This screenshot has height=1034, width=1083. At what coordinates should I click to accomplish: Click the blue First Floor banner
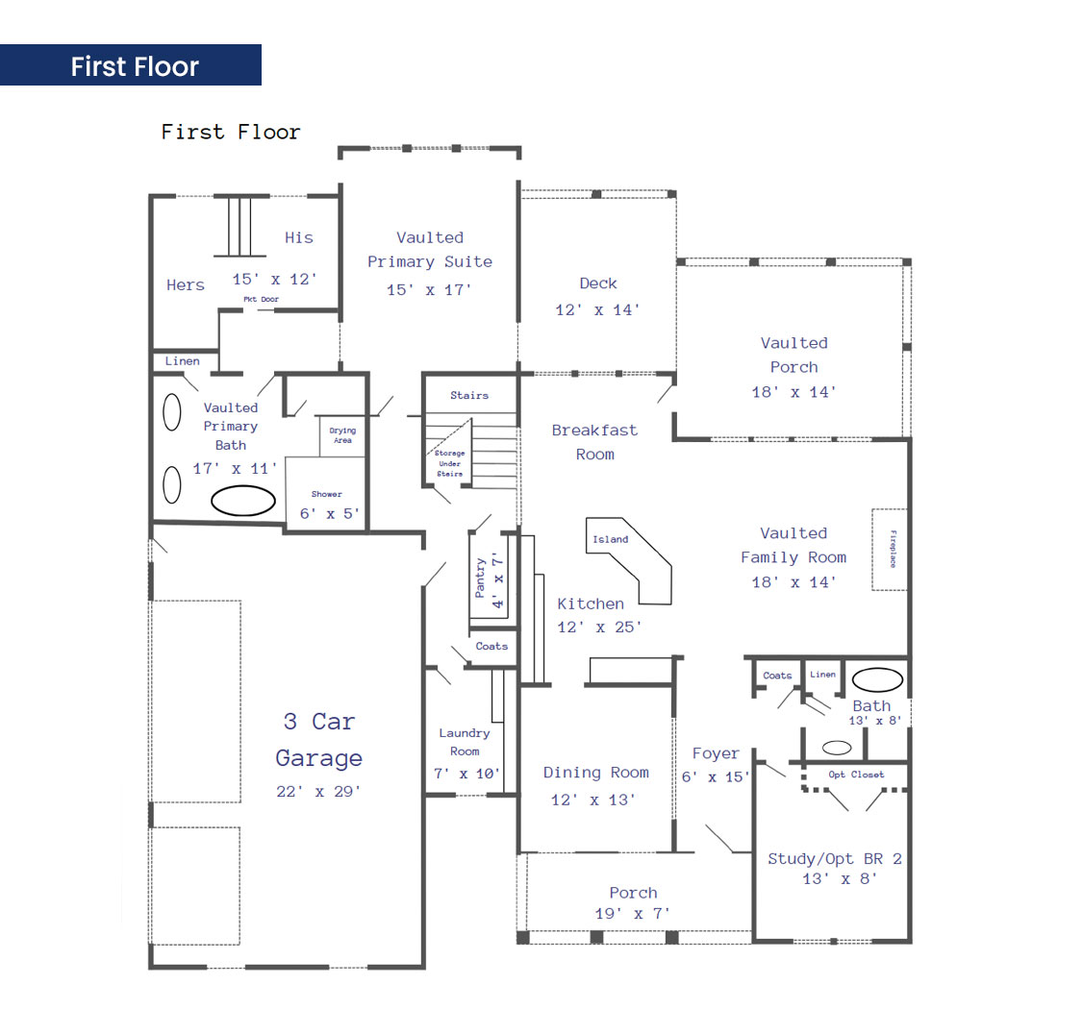click(x=131, y=65)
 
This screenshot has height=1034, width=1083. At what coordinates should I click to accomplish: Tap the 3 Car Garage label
click(x=319, y=739)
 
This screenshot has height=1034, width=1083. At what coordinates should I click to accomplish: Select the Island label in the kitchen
click(x=611, y=539)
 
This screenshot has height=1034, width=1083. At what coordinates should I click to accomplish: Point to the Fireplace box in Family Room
click(x=890, y=550)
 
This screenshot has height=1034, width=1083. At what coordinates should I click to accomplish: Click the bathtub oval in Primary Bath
click(x=243, y=501)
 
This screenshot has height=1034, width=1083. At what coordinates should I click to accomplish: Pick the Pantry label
click(x=480, y=578)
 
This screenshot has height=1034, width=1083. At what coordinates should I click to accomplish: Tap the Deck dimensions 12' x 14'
click(x=597, y=310)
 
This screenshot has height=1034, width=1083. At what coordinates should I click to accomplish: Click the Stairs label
click(x=469, y=395)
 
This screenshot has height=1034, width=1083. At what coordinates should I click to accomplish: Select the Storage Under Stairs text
click(x=449, y=463)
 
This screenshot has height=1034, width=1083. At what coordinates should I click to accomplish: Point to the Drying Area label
click(x=342, y=435)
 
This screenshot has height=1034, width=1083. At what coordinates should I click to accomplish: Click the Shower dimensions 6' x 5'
click(x=330, y=513)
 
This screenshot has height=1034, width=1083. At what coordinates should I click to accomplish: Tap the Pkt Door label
click(x=261, y=299)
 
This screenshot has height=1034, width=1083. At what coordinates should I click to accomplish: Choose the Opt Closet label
click(x=856, y=775)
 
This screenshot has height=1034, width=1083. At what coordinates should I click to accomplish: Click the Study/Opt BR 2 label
click(x=834, y=859)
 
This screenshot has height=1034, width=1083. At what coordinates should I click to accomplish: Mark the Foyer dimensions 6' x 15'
click(x=715, y=776)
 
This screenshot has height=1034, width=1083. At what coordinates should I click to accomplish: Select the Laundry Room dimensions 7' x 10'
click(x=466, y=774)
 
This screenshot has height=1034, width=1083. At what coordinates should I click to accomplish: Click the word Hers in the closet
click(x=185, y=284)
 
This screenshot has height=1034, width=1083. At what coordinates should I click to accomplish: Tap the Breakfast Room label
click(x=594, y=442)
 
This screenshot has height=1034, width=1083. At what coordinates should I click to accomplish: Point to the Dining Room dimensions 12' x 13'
click(x=593, y=800)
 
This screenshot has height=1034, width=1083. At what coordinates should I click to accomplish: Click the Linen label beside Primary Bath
click(x=183, y=360)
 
